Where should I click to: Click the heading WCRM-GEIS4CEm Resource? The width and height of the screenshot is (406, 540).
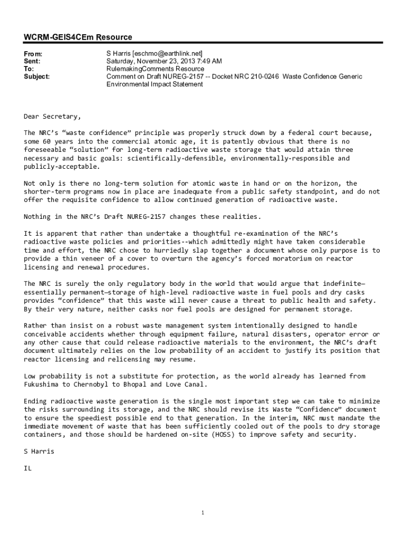coord(78,37)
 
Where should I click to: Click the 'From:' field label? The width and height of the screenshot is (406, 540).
coord(33,54)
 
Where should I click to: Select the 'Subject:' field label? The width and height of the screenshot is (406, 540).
coord(37,76)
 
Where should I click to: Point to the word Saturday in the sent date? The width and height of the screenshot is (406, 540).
coord(121,62)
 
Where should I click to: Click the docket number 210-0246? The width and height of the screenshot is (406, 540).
coord(261,76)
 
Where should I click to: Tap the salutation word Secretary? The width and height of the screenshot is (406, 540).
coord(62,117)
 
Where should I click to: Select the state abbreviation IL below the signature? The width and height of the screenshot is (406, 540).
coord(28,468)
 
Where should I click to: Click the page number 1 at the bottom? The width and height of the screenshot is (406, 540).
coord(203,513)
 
